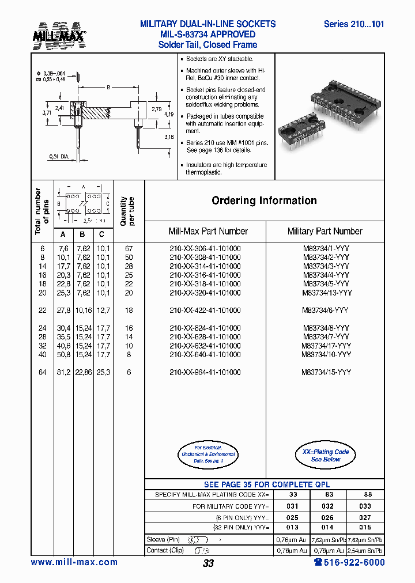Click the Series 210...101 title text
pyautogui.click(x=353, y=24)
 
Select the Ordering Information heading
pyautogui.click(x=264, y=200)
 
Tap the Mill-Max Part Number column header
pyautogui.click(x=207, y=231)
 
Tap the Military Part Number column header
pyautogui.click(x=325, y=231)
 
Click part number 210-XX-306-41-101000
pyautogui.click(x=205, y=248)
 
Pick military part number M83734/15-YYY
pyautogui.click(x=326, y=372)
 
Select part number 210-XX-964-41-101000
pyautogui.click(x=205, y=372)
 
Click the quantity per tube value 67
pyautogui.click(x=129, y=248)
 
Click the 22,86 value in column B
pyautogui.click(x=83, y=372)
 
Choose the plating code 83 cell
pyautogui.click(x=329, y=494)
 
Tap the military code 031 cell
pyautogui.click(x=292, y=506)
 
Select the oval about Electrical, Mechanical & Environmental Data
pyautogui.click(x=206, y=455)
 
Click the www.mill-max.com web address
pyautogui.click(x=74, y=562)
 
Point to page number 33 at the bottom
pyautogui.click(x=208, y=563)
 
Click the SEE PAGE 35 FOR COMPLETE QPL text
pyautogui.click(x=267, y=484)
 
